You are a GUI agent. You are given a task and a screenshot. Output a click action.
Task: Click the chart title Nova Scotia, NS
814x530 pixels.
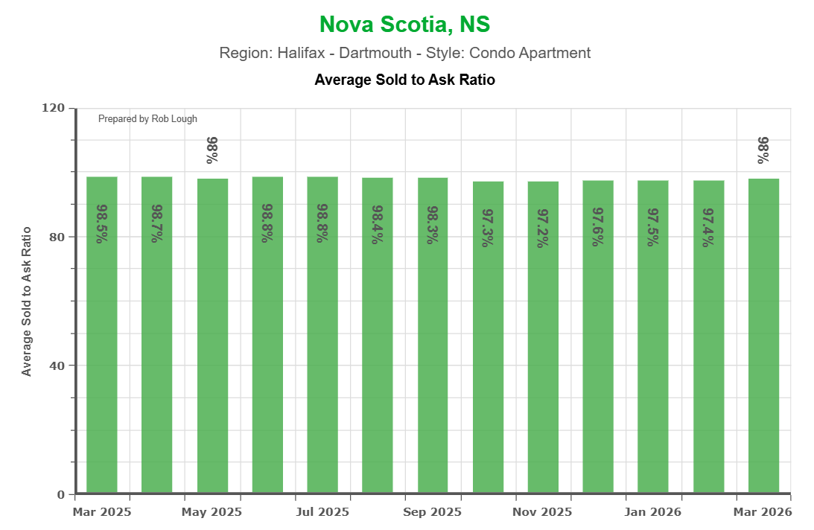404,25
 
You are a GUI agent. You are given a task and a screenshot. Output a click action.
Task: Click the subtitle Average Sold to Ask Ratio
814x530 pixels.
404,79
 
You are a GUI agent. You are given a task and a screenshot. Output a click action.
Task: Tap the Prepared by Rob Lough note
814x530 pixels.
147,119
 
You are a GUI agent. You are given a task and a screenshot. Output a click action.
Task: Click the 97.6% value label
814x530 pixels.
598,227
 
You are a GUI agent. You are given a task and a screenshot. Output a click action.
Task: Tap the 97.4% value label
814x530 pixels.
708,227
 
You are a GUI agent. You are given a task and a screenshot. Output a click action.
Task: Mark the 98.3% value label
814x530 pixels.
433,224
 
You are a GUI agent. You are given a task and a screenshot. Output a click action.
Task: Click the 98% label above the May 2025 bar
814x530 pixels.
212,150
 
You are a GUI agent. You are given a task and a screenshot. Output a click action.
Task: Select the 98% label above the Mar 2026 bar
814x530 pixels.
763,150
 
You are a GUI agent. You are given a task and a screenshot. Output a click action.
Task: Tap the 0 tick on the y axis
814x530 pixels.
62,494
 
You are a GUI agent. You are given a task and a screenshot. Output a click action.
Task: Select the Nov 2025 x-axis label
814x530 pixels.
542,512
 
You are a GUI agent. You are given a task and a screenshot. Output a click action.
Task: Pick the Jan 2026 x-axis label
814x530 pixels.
652,512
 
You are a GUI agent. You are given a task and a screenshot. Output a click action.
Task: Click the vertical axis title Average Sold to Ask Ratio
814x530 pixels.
27,301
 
